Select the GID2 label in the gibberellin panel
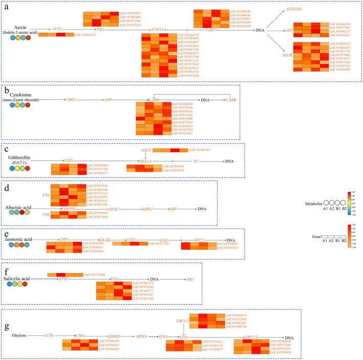pos(146,150)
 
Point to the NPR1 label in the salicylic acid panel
pos(63,279)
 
